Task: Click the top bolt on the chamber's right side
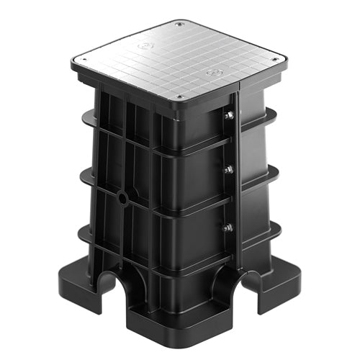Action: pos(229,115)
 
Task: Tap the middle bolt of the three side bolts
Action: pos(229,170)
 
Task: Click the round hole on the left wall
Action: pos(123,197)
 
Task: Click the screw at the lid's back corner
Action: pos(180,24)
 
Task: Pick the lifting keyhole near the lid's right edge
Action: pos(212,72)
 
